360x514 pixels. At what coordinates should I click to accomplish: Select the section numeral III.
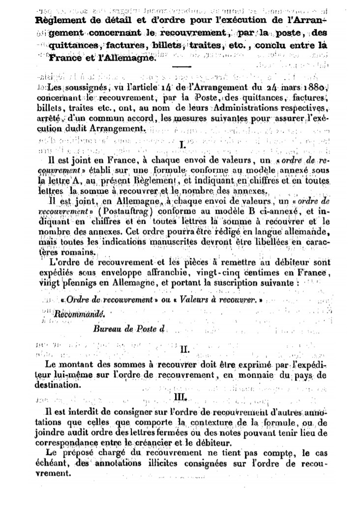pyautogui.click(x=180, y=394)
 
